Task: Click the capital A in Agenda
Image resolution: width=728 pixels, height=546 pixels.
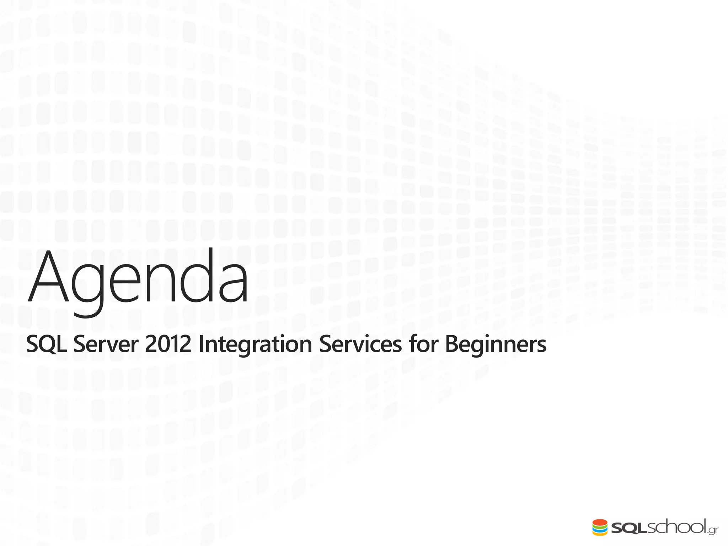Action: [48, 277]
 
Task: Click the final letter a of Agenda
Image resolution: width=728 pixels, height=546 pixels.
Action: [233, 286]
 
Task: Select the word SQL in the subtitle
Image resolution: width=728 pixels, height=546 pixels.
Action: [46, 344]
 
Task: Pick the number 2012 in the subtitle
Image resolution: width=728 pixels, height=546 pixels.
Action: [168, 344]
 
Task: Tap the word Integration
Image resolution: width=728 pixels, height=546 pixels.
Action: [255, 344]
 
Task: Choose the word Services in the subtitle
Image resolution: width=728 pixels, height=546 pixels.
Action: [360, 344]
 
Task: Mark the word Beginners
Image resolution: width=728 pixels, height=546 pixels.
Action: [495, 344]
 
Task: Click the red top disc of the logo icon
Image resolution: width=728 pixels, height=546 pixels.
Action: [600, 522]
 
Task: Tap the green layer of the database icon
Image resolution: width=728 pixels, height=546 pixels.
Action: [600, 528]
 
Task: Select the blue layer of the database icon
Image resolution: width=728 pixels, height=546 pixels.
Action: [600, 531]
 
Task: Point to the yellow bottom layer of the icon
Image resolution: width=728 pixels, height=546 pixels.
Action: [600, 534]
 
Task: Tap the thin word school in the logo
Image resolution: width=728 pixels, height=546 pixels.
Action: [675, 527]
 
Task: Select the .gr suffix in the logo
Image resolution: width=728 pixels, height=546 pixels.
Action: [713, 530]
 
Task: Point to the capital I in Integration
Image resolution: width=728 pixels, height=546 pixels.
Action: [201, 344]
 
